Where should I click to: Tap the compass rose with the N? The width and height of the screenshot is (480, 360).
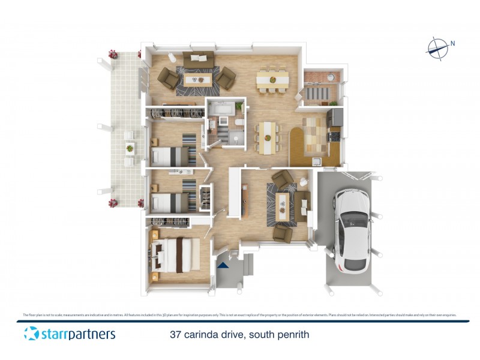pyautogui.click(x=438, y=49)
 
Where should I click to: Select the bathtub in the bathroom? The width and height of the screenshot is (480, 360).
pyautogui.click(x=222, y=109)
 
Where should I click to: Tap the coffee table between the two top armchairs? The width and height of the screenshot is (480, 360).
pyautogui.click(x=196, y=80)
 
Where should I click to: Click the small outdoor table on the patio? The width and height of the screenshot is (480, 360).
pyautogui.click(x=130, y=146)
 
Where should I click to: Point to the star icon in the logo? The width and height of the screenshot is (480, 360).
pyautogui.click(x=31, y=334)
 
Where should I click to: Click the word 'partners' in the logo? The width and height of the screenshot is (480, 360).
pyautogui.click(x=86, y=334)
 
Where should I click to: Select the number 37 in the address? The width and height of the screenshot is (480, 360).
pyautogui.click(x=176, y=334)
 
